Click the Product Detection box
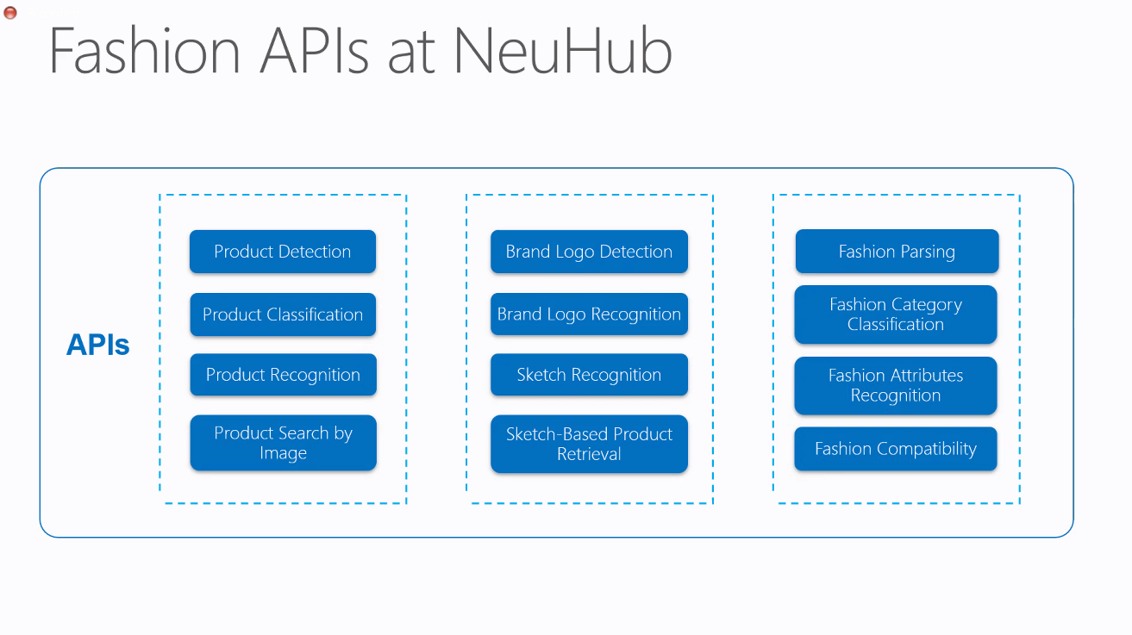(283, 252)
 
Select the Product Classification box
(283, 314)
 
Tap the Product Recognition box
(283, 374)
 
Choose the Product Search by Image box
(283, 443)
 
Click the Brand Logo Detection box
(589, 252)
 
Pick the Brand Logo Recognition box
(589, 314)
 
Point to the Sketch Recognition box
(589, 374)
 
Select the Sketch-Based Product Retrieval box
(589, 444)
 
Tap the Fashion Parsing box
(897, 251)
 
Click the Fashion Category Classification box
(896, 314)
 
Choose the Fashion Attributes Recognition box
(896, 385)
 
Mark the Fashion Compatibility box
(896, 449)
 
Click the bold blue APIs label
(98, 345)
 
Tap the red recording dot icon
(10, 12)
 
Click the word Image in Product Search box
(283, 453)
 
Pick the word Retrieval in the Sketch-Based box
(589, 454)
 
